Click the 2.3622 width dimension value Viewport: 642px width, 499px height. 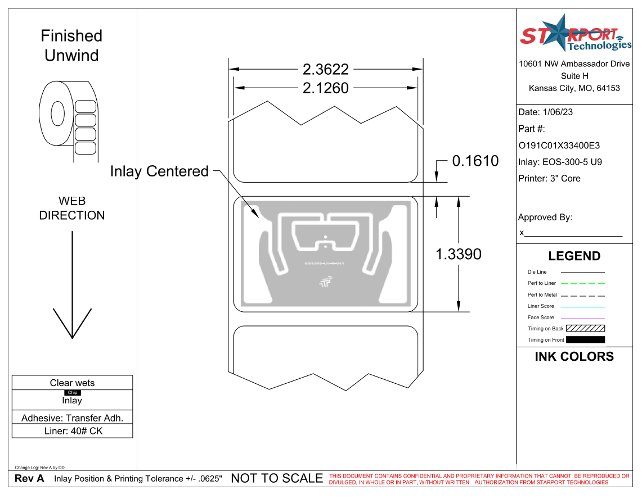[326, 70]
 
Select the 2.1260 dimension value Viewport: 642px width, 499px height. [326, 88]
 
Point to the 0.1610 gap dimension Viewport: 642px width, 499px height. [475, 161]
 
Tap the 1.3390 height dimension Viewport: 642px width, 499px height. [459, 254]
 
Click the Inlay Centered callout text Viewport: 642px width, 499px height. [159, 171]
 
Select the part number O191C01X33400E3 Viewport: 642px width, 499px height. [559, 146]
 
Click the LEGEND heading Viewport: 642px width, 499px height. [574, 256]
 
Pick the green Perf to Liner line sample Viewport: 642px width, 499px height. [585, 284]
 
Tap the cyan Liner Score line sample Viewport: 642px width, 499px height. [585, 307]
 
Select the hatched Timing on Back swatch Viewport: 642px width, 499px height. [585, 329]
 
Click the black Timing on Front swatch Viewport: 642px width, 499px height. [585, 340]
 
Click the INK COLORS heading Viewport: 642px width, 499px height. [574, 357]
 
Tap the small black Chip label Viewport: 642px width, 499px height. [73, 393]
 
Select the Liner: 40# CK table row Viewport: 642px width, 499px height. [73, 432]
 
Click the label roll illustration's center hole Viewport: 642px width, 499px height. [57, 114]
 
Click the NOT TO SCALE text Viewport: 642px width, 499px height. [277, 479]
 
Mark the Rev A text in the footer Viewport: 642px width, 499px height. [29, 479]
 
